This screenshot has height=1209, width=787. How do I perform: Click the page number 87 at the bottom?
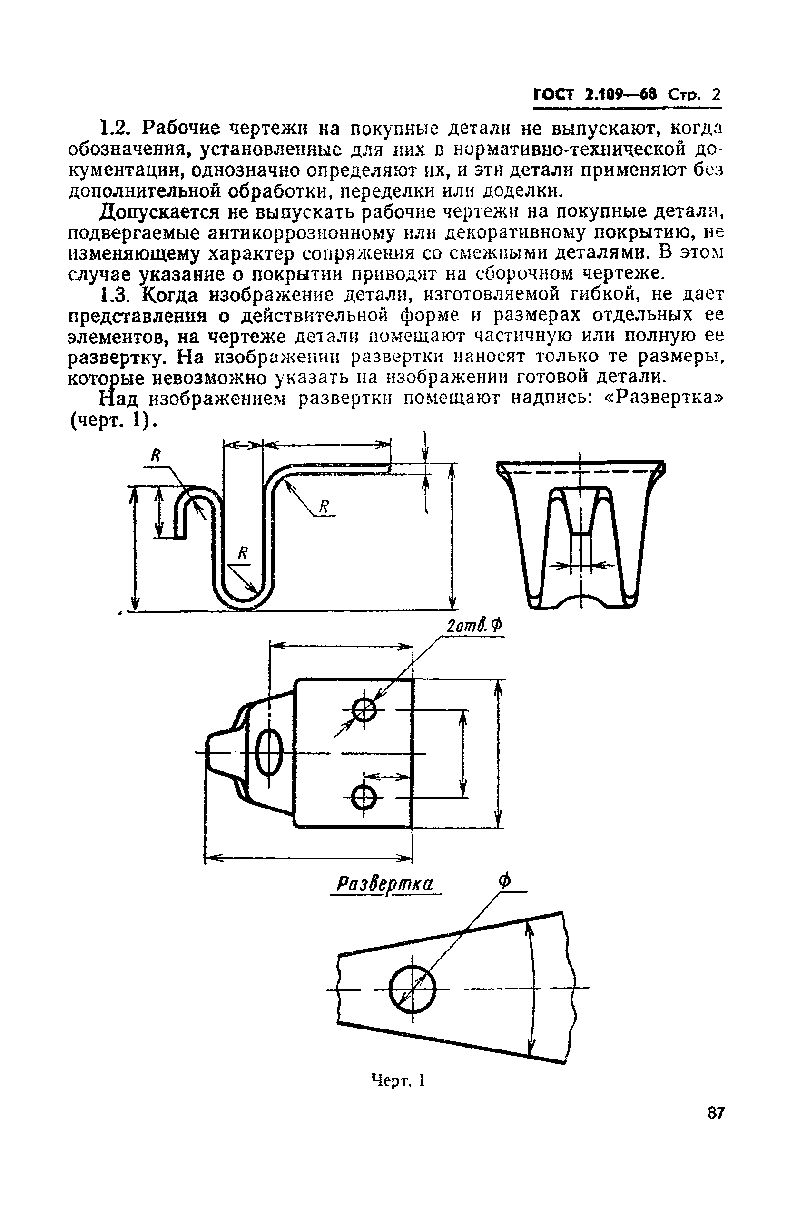716,1127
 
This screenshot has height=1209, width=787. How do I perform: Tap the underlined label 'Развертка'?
385,884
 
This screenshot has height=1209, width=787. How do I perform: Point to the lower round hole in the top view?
364,798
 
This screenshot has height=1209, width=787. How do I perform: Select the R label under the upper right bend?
324,506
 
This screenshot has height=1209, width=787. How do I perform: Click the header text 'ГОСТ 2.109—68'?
595,95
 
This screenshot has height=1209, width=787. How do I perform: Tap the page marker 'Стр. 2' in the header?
694,95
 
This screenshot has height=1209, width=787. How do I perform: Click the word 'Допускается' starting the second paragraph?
160,211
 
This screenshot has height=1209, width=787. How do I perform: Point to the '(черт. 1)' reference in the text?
110,420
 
